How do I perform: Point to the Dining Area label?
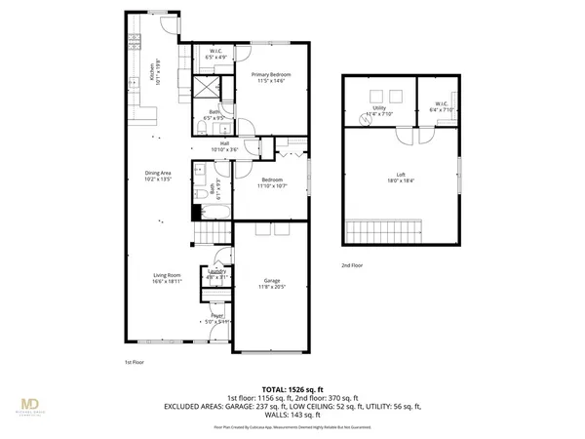pos(158,177)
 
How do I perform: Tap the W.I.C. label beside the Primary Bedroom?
pos(215,55)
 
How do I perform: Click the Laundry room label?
pos(215,274)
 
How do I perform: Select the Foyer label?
pos(217,318)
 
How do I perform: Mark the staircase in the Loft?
pos(382,234)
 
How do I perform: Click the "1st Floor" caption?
pos(136,362)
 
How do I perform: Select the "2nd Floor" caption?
pos(353,265)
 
